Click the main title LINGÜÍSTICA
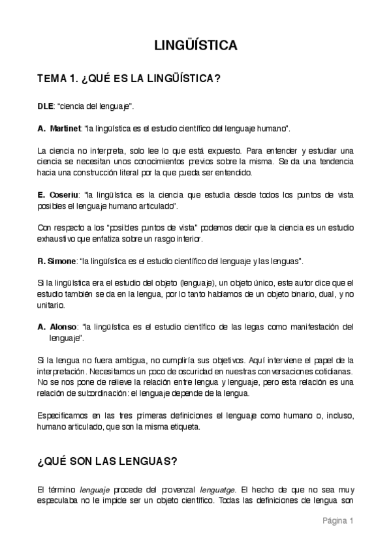click(195, 46)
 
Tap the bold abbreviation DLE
click(46, 105)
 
